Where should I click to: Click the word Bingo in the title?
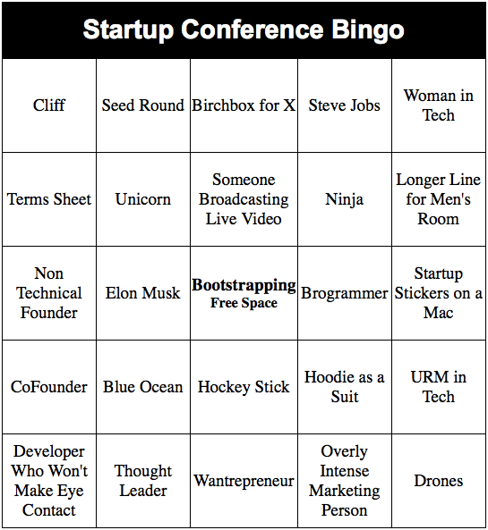pyautogui.click(x=367, y=30)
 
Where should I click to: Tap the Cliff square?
pyautogui.click(x=49, y=105)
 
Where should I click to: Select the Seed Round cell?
pyautogui.click(x=143, y=105)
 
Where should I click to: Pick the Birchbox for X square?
pyautogui.click(x=244, y=105)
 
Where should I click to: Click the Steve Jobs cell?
pyautogui.click(x=345, y=105)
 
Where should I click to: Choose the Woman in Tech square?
pyautogui.click(x=439, y=105)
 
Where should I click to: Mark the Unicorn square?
pyautogui.click(x=143, y=199)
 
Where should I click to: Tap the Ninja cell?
pyautogui.click(x=345, y=199)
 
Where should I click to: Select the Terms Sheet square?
pyautogui.click(x=49, y=199)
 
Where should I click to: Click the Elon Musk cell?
pyautogui.click(x=143, y=293)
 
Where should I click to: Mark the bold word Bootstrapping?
pyautogui.click(x=244, y=285)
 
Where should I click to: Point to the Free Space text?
pyautogui.click(x=244, y=303)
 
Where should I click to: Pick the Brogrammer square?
pyautogui.click(x=345, y=293)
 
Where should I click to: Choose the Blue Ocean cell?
pyautogui.click(x=143, y=387)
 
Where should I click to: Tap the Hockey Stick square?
pyautogui.click(x=244, y=387)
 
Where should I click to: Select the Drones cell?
pyautogui.click(x=439, y=481)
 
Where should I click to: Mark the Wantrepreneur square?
pyautogui.click(x=244, y=481)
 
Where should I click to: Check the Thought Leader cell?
pyautogui.click(x=143, y=481)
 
